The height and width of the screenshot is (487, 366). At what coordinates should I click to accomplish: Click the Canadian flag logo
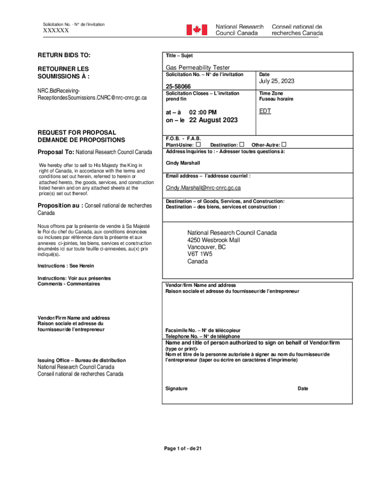[x=196, y=30]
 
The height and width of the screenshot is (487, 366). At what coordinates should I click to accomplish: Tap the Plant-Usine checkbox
[x=198, y=144]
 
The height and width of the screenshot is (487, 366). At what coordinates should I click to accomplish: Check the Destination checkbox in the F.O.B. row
[x=242, y=144]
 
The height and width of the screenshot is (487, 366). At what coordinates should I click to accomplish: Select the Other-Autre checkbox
[x=284, y=144]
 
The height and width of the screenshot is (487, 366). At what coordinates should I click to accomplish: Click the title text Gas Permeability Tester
[x=198, y=68]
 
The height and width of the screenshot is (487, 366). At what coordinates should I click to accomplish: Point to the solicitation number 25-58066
[x=178, y=87]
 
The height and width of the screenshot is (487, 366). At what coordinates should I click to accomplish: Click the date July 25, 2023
[x=277, y=81]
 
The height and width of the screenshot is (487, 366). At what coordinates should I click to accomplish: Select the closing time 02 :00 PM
[x=202, y=112]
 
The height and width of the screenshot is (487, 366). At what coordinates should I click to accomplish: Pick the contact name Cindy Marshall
[x=183, y=163]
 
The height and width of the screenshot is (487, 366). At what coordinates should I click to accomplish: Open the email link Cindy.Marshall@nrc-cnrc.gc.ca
[x=203, y=188]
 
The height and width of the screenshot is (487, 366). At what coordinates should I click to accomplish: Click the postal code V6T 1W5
[x=200, y=254]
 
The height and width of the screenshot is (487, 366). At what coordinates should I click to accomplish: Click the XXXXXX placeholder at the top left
[x=56, y=30]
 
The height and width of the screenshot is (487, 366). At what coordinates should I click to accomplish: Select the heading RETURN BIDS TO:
[x=64, y=56]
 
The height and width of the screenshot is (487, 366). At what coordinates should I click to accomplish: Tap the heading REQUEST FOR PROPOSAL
[x=77, y=132]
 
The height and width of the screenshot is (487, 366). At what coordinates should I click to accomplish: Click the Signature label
[x=176, y=389]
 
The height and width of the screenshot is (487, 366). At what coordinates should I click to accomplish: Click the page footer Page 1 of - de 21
[x=183, y=448]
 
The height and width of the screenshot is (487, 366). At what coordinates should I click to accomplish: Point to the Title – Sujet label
[x=179, y=56]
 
